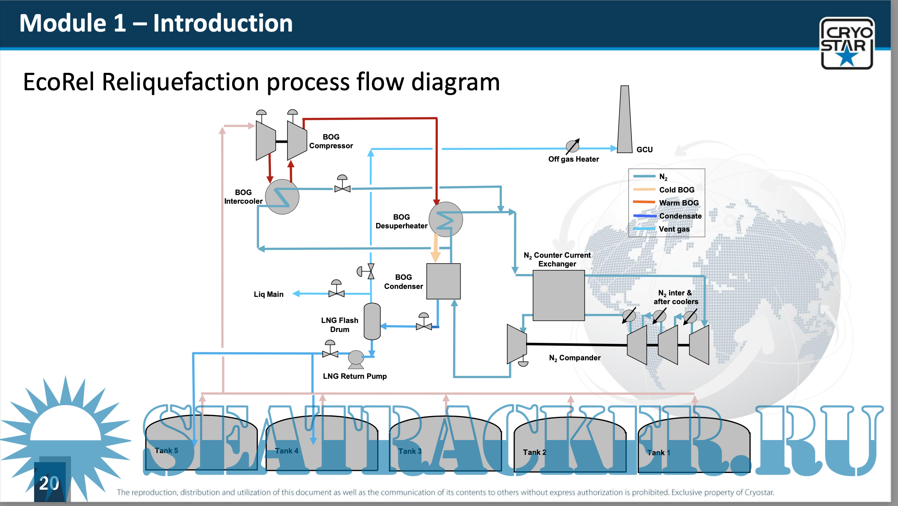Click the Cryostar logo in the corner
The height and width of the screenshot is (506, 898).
(847, 43)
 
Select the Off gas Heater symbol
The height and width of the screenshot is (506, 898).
(572, 146)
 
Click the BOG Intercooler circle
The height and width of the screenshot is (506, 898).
(282, 197)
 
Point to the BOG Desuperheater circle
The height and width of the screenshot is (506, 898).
(446, 219)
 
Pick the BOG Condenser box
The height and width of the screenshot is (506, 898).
(443, 281)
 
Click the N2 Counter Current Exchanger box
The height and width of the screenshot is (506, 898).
(558, 295)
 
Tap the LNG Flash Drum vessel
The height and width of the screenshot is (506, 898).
(372, 321)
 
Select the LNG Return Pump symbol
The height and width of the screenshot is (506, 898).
(356, 358)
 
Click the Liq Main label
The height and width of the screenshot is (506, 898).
(268, 294)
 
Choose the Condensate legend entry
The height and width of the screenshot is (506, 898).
(680, 216)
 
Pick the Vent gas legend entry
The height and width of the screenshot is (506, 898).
(674, 229)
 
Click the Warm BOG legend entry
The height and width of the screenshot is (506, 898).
(679, 203)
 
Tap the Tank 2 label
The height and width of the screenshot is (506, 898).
(534, 452)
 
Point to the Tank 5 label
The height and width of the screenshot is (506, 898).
(166, 451)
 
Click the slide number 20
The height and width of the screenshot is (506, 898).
(49, 483)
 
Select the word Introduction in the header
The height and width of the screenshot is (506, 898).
(223, 23)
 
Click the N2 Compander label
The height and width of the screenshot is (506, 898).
(575, 358)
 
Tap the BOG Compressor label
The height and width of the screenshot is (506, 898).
(331, 141)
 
